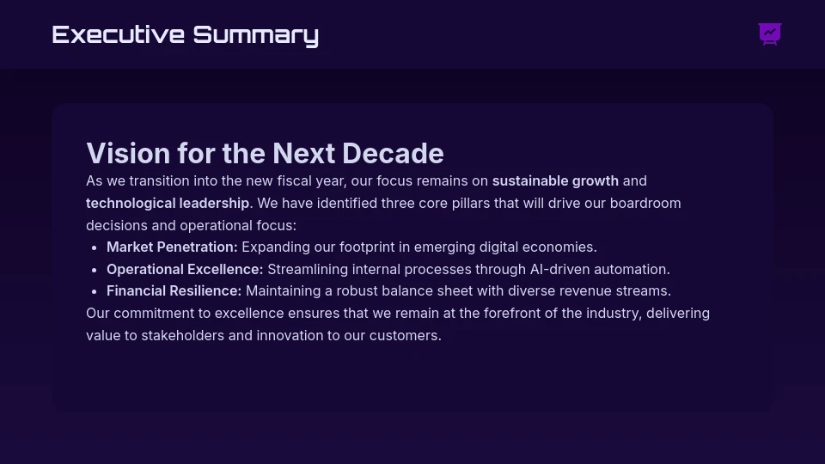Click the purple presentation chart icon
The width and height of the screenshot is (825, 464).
770,34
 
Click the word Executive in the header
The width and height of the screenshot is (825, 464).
119,34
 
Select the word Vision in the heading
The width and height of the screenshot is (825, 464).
128,153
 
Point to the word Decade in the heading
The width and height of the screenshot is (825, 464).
393,153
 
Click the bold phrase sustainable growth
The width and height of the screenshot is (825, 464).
555,181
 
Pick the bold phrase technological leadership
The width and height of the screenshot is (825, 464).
168,203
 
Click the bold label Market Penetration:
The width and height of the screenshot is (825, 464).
172,247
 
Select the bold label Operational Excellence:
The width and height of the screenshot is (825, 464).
185,269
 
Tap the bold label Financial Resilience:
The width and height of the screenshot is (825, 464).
174,291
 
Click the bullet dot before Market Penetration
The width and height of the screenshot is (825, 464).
95,247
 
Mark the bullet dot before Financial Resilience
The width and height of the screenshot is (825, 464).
95,292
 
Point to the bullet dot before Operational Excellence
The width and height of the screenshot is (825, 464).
95,270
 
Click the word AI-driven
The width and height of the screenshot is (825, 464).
559,269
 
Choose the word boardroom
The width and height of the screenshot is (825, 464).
645,203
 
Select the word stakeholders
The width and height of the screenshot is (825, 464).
182,336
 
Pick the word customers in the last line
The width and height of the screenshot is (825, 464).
405,336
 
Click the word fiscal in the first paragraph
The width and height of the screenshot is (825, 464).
295,181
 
